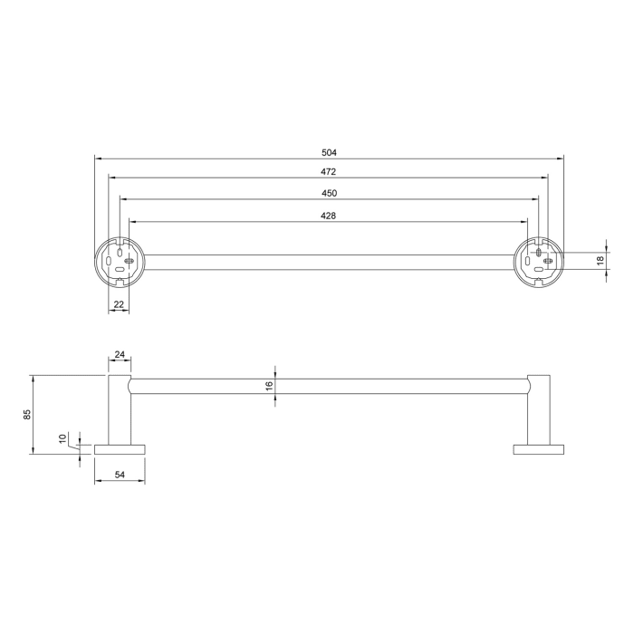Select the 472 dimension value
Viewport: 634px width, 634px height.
[x=329, y=172]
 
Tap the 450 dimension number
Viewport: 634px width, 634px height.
[x=329, y=193]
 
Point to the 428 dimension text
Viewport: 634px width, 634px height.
[x=329, y=215]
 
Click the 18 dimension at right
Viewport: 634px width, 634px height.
[x=600, y=260]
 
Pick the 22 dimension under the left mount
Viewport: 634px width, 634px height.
[x=119, y=305]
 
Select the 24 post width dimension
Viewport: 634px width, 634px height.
[x=120, y=356]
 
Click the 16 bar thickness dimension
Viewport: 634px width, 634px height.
[x=269, y=386]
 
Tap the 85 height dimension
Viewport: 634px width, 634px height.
[x=28, y=414]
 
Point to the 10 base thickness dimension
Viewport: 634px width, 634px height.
[x=63, y=438]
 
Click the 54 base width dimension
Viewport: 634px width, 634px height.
[x=120, y=475]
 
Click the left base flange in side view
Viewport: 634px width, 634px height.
[x=120, y=449]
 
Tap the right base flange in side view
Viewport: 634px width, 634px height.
[x=539, y=449]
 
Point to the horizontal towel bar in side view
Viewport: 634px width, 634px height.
[x=329, y=386]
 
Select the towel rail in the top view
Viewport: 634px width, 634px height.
[x=329, y=262]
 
